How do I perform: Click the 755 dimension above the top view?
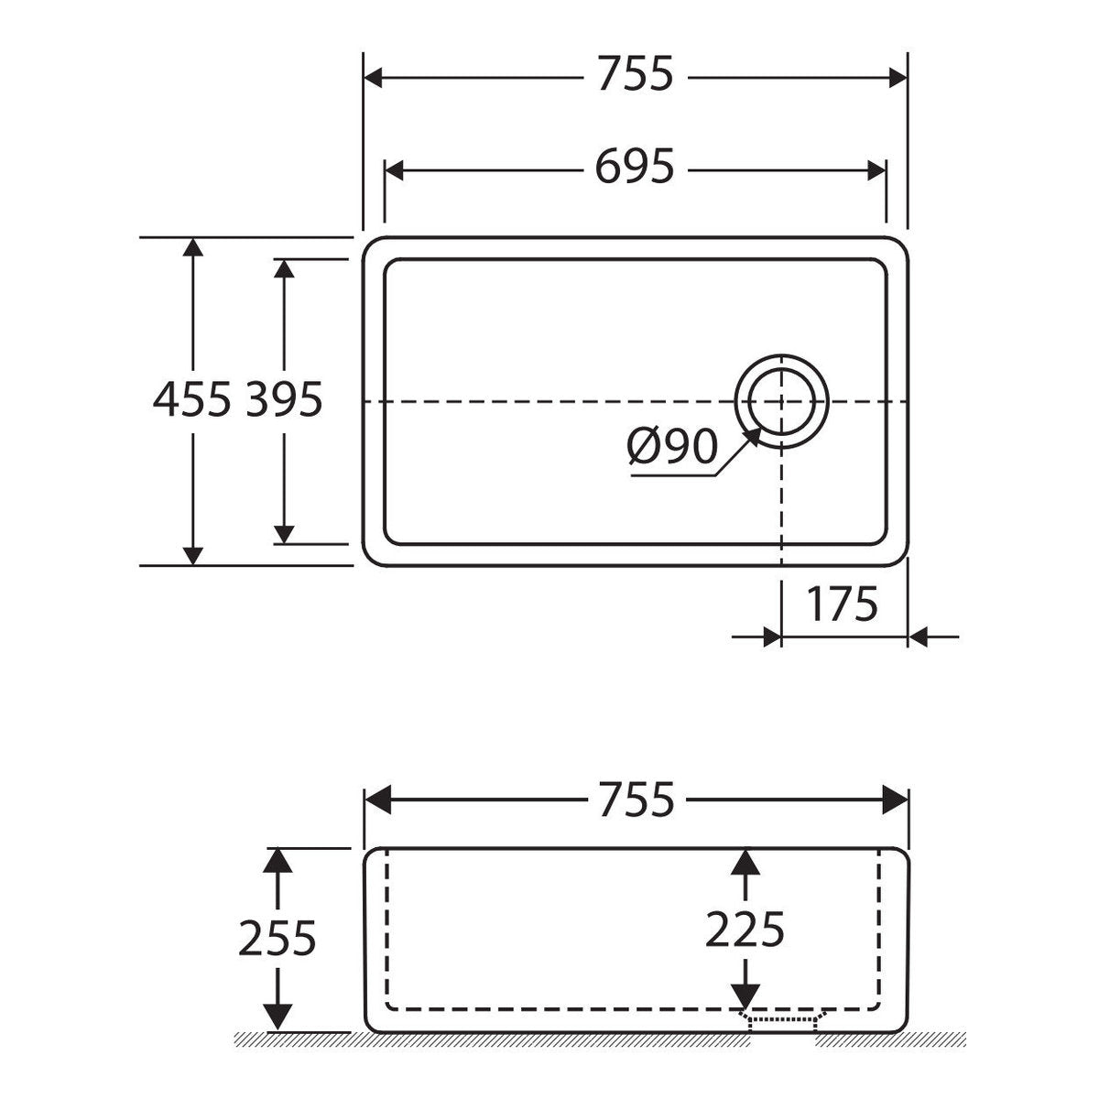click(636, 74)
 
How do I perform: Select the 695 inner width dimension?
click(635, 167)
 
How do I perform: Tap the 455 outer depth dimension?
click(192, 399)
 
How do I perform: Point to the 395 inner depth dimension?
click(284, 399)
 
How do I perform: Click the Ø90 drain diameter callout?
click(672, 447)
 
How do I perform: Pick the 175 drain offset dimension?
click(842, 604)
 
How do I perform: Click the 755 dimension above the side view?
click(637, 800)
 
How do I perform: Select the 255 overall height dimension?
click(277, 938)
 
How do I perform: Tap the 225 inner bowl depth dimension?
click(745, 930)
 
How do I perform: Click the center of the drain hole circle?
click(781, 401)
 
